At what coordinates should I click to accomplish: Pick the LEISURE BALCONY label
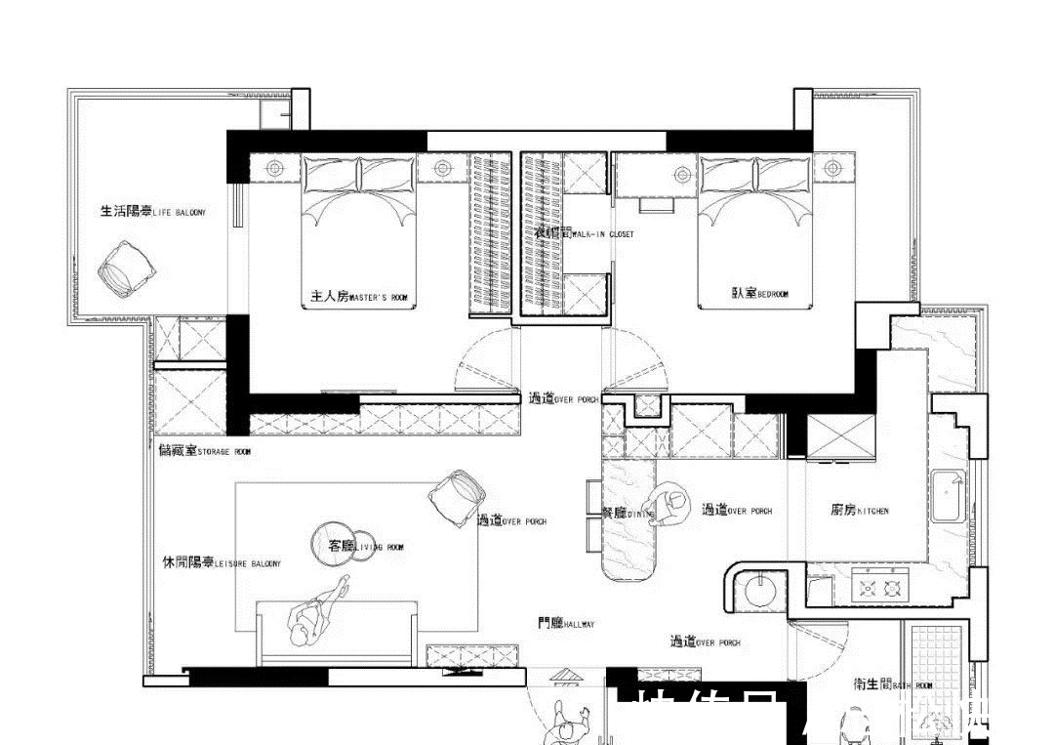222,563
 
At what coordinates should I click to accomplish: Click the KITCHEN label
860,510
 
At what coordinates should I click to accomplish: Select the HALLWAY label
566,623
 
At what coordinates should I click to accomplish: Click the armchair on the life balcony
125,269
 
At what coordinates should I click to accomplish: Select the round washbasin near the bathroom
758,589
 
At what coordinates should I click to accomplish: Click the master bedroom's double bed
359,234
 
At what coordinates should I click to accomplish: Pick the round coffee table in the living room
334,544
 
